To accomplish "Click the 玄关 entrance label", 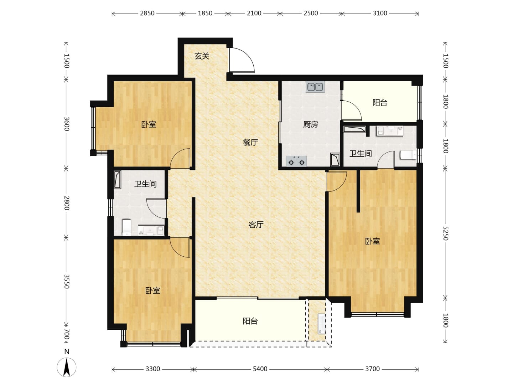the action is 202,56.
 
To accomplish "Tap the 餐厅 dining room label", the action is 250,142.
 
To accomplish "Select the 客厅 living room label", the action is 256,225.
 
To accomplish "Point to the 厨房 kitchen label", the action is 311,125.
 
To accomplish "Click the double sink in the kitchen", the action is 315,87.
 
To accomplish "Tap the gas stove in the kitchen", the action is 297,161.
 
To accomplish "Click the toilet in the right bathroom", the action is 408,155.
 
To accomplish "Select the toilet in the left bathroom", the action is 127,227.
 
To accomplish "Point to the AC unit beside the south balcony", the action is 321,324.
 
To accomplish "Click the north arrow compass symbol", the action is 67,367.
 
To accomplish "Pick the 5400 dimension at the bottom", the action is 260,369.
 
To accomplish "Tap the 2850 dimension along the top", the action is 147,13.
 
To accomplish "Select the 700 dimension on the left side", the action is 67,334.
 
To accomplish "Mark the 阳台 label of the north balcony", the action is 380,102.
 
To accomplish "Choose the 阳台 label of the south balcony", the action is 250,321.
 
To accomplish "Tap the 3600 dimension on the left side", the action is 67,124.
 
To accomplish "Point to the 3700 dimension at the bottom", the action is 373,369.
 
